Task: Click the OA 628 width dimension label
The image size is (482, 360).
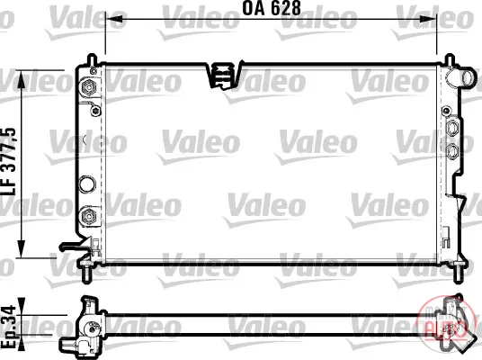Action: coord(272,8)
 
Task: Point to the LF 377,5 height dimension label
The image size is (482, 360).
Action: coord(9,162)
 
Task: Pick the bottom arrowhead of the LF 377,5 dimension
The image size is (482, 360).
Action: coord(22,247)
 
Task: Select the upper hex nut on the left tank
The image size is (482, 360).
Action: coord(88,86)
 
